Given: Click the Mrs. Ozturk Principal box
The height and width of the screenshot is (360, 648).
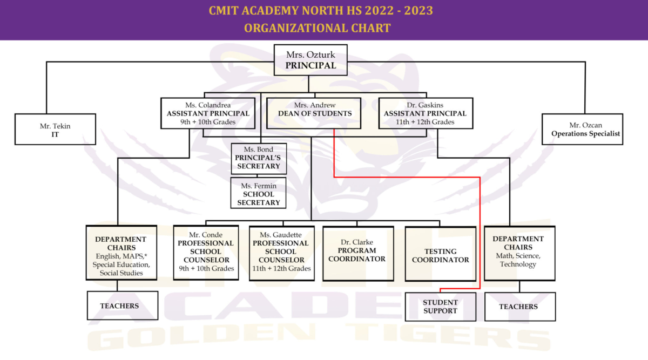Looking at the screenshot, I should [x=310, y=60].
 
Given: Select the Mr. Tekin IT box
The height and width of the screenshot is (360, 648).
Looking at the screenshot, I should [x=55, y=130].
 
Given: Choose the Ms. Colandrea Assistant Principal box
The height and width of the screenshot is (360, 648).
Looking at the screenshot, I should [x=208, y=113].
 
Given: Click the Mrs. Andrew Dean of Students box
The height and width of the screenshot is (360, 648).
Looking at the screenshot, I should [x=314, y=113].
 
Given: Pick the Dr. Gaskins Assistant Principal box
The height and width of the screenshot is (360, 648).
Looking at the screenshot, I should [x=425, y=113].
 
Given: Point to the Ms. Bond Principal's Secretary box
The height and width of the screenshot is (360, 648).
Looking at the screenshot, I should [x=258, y=158].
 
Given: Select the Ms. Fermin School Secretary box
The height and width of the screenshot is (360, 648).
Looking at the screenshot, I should [x=258, y=193].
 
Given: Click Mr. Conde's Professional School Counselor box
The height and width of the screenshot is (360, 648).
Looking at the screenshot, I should [x=206, y=252].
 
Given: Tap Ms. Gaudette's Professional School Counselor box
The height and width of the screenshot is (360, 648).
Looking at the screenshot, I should [x=281, y=252].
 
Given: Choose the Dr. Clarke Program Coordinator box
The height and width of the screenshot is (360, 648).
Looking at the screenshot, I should [x=357, y=252].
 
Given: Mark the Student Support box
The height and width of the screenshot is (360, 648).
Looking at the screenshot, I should [x=440, y=307].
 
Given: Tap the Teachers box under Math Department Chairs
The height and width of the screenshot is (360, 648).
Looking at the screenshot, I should [x=519, y=307].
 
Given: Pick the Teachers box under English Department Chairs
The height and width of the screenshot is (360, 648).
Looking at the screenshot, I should [x=122, y=305].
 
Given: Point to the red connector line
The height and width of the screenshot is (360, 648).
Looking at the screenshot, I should [x=405, y=176].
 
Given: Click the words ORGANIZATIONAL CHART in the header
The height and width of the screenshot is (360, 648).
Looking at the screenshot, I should [x=318, y=28].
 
